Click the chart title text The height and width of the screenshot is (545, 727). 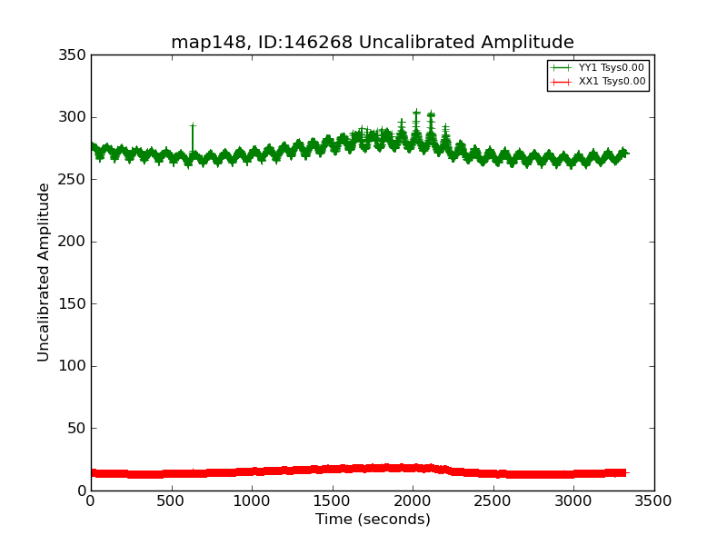click(x=373, y=43)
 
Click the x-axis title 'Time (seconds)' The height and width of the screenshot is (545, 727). click(x=373, y=520)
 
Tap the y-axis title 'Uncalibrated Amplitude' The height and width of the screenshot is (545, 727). click(x=45, y=272)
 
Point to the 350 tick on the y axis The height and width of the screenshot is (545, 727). click(x=75, y=55)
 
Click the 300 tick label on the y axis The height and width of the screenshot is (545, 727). click(x=75, y=117)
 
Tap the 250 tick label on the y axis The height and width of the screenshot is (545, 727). click(x=75, y=180)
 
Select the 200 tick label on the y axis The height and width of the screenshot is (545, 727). click(x=75, y=242)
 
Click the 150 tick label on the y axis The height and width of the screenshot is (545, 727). click(x=75, y=304)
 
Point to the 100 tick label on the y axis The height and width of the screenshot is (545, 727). click(x=75, y=366)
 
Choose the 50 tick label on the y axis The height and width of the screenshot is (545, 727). click(x=79, y=429)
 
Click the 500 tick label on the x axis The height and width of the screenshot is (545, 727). click(x=172, y=500)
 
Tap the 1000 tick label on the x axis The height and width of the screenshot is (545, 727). click(x=252, y=500)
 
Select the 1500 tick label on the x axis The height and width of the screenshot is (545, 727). click(x=333, y=500)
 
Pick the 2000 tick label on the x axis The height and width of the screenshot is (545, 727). click(x=413, y=500)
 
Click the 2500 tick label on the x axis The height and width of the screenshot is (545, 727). click(x=493, y=500)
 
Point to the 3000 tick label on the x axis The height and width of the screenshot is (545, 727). click(x=573, y=500)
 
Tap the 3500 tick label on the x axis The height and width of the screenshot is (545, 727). click(x=654, y=500)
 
